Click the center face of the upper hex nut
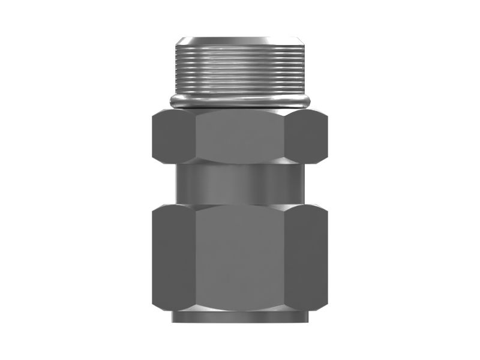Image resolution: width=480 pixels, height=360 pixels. click(x=241, y=137)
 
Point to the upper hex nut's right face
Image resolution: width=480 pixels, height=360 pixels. click(x=306, y=137)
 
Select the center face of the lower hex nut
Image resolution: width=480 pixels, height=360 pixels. click(x=241, y=258)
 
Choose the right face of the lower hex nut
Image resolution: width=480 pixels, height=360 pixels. click(x=306, y=258)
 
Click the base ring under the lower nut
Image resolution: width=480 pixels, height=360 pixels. click(x=241, y=317)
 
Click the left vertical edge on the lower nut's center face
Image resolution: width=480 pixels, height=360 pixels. click(x=196, y=258)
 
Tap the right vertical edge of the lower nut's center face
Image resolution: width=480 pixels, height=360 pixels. click(x=285, y=258)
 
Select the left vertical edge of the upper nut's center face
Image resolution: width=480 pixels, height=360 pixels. click(x=196, y=137)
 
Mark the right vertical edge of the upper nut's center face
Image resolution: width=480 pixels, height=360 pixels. click(x=285, y=137)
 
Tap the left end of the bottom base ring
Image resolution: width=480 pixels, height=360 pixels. click(x=174, y=317)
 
